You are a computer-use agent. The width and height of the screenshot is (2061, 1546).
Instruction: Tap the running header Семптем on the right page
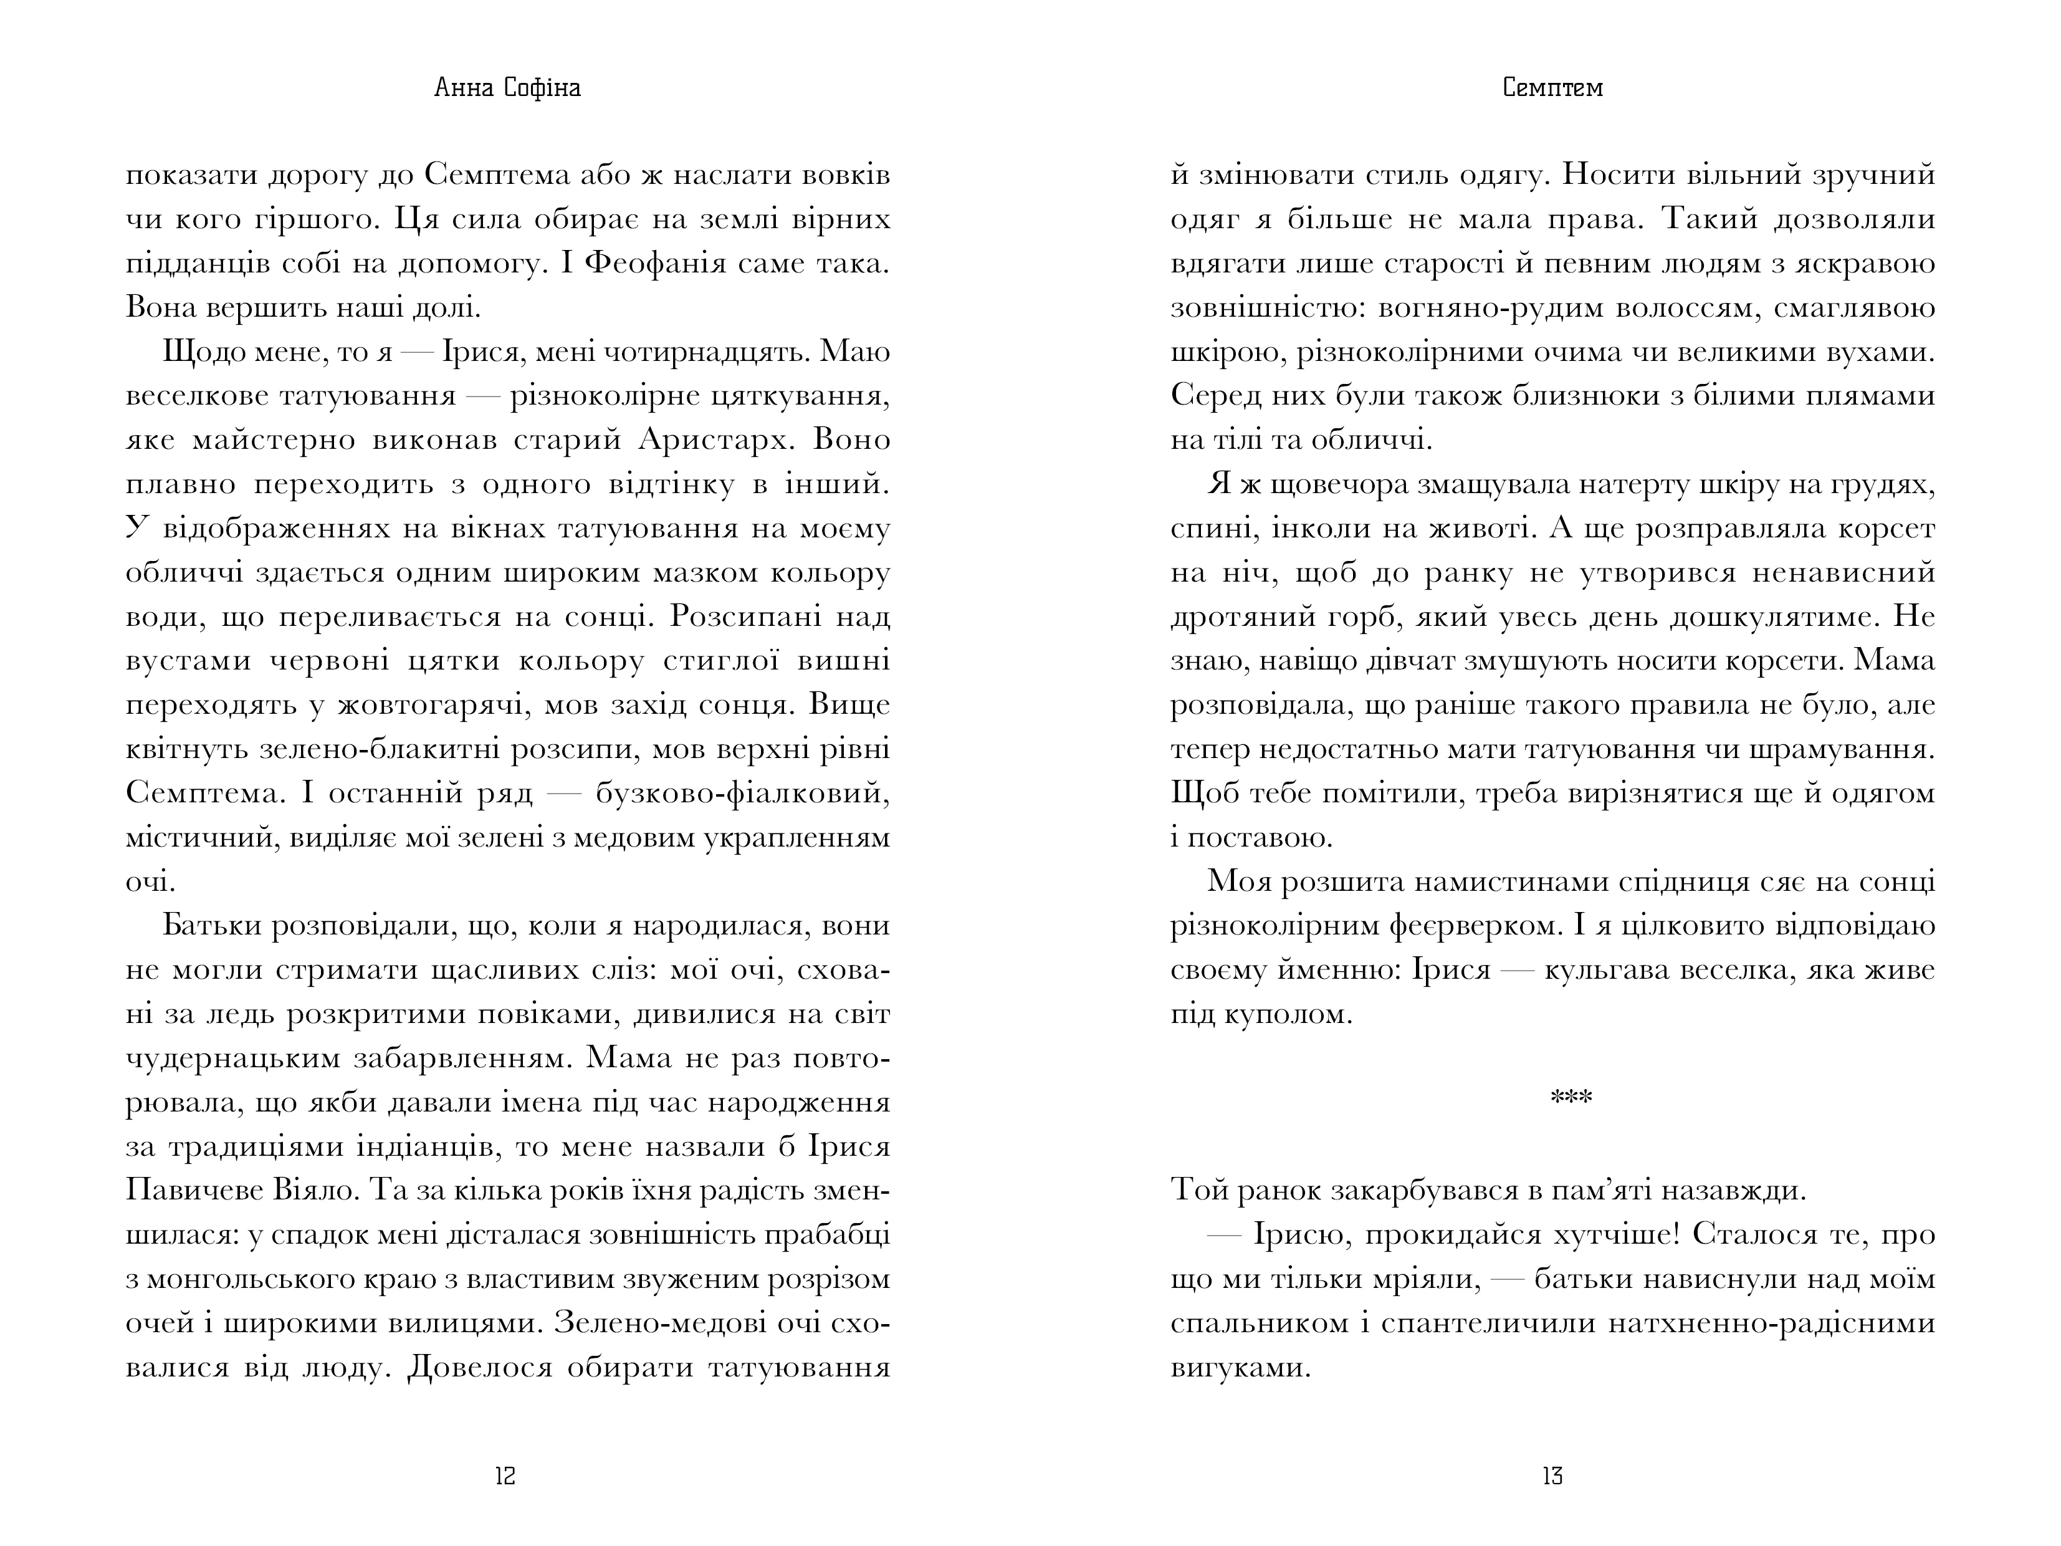pos(1552,88)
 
